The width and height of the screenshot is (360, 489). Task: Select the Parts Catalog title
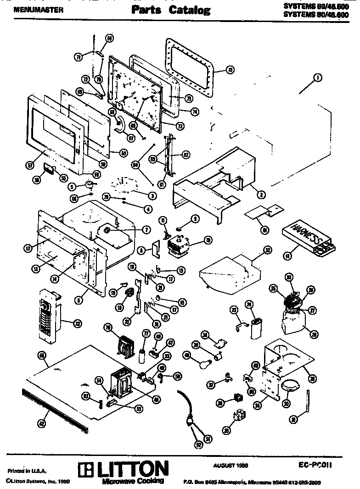click(171, 10)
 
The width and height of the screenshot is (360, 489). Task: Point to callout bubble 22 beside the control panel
click(77, 324)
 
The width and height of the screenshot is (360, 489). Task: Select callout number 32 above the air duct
click(267, 250)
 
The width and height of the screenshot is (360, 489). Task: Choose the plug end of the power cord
click(189, 419)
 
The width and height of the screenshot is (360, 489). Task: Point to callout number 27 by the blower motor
click(313, 311)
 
